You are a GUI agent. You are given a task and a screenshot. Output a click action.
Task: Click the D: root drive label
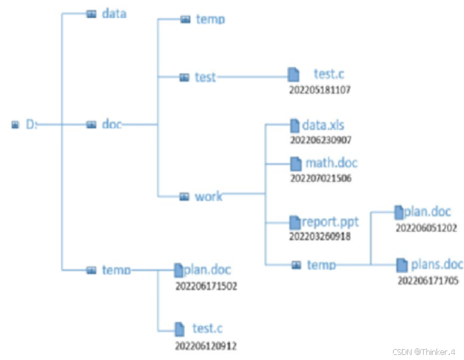coord(31,124)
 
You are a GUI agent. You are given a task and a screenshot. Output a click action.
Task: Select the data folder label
coord(114,13)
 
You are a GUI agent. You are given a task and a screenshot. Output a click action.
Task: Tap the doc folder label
coord(111,124)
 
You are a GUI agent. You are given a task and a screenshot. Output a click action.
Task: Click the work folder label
coord(209,196)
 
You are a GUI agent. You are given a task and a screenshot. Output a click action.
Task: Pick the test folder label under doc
coord(205,77)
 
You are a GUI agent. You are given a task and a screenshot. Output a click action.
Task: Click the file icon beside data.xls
coord(294,125)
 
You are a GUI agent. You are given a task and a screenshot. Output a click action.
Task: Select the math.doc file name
coord(331,163)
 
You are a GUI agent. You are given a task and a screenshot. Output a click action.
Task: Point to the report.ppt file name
coord(330,222)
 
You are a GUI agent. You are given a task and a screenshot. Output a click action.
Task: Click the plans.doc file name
coord(436,264)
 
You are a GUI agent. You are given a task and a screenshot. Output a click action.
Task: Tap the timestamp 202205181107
coord(319,90)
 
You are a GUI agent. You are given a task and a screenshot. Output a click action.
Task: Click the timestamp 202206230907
coord(320,139)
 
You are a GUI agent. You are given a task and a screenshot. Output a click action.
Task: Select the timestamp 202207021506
coord(320,178)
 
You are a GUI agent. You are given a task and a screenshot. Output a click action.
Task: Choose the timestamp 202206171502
coord(206,286)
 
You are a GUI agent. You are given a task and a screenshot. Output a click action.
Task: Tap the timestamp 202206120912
coord(206,346)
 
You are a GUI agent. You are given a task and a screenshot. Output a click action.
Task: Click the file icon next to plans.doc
coord(402,265)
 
